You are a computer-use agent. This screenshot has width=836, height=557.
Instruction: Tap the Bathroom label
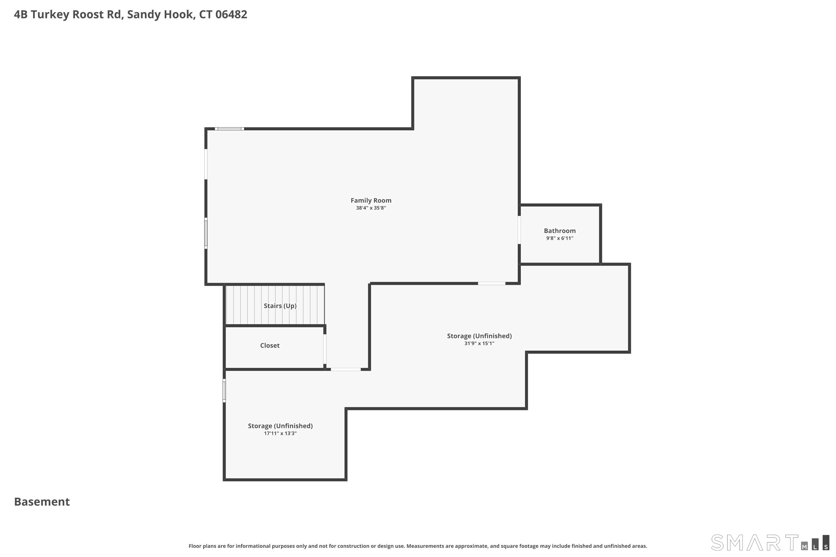click(560, 231)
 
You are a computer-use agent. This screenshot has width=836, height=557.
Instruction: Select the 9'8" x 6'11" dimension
click(560, 238)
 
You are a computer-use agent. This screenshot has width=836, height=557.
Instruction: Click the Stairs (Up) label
click(280, 306)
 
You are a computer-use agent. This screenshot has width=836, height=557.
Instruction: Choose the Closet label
click(270, 345)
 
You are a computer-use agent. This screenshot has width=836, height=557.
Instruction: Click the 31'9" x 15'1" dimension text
click(479, 343)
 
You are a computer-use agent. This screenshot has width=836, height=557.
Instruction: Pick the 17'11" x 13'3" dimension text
click(280, 433)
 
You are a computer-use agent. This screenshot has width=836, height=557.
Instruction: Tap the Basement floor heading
click(42, 502)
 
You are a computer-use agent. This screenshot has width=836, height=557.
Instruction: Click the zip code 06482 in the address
click(231, 14)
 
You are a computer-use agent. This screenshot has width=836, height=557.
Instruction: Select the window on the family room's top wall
click(229, 129)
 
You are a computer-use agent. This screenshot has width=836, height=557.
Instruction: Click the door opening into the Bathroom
click(519, 230)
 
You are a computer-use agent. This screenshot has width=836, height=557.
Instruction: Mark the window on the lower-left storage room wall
click(224, 390)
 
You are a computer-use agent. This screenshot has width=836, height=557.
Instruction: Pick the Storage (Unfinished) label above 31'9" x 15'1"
click(479, 336)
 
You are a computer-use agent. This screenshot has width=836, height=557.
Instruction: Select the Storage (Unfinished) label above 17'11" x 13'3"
click(280, 426)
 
